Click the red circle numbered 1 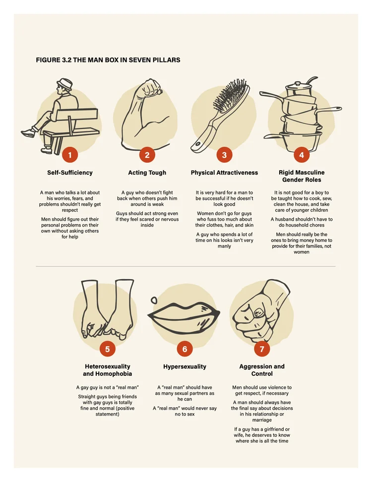coord(69,155)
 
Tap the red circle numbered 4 coord(302,155)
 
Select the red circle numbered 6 coord(185,349)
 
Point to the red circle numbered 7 coord(262,349)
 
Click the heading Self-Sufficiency coord(69,173)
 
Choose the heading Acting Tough coord(147,173)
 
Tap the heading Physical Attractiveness coord(224,173)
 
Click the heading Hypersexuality coord(185,366)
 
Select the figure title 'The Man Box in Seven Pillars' coord(108,60)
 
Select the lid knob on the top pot coord(298,83)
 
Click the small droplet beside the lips coord(154,300)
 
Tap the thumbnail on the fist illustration coord(259,312)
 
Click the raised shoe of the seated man coord(28,133)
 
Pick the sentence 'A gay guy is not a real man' coord(108,387)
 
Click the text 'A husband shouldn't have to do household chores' coord(302,222)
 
